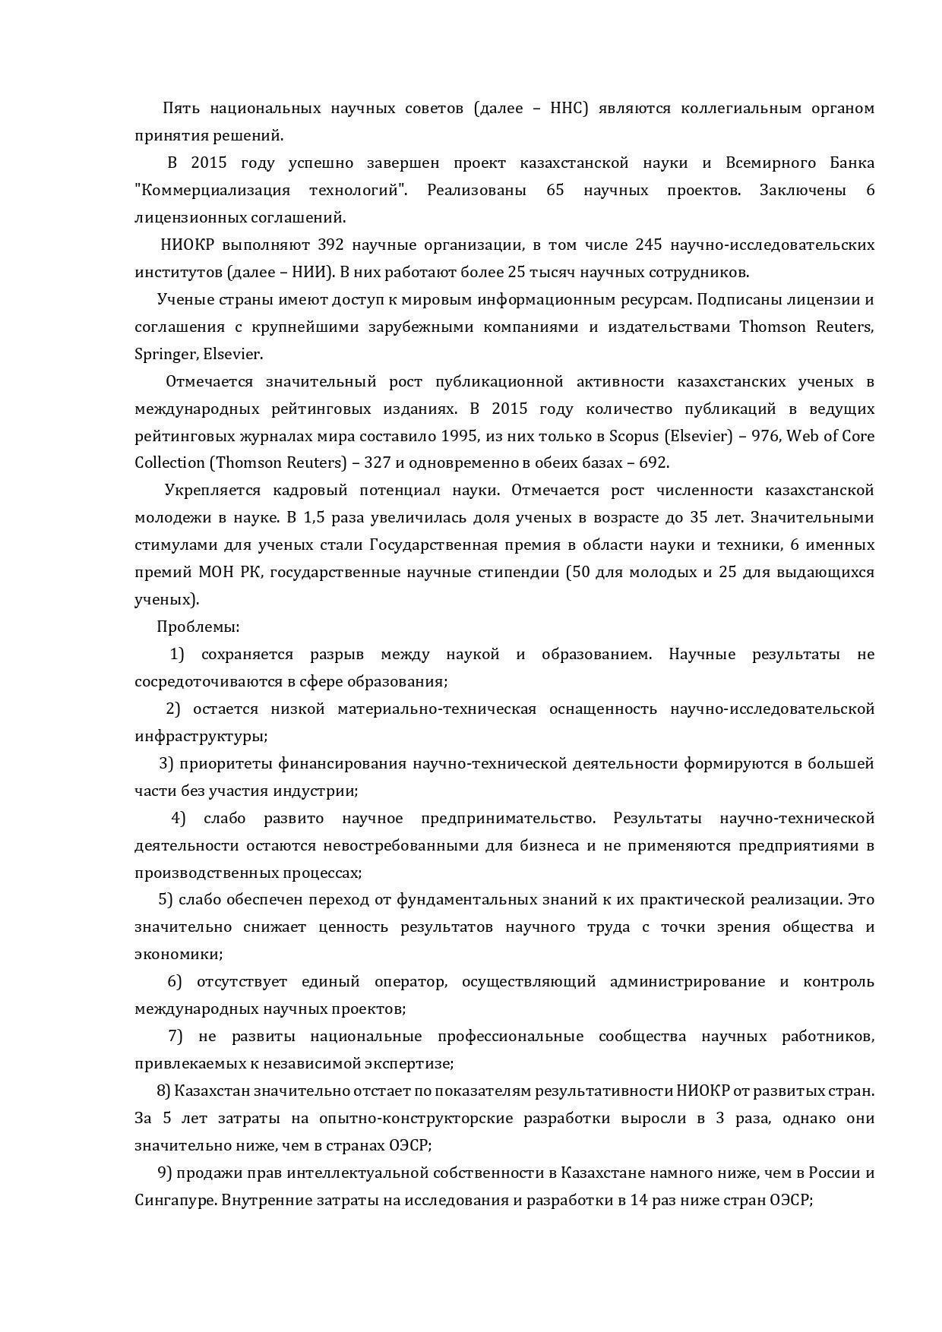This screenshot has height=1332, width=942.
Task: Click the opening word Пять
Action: click(179, 108)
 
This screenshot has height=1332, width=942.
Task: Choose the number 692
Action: click(652, 462)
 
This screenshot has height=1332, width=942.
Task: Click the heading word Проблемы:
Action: click(198, 627)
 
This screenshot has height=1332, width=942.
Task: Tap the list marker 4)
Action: click(179, 818)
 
